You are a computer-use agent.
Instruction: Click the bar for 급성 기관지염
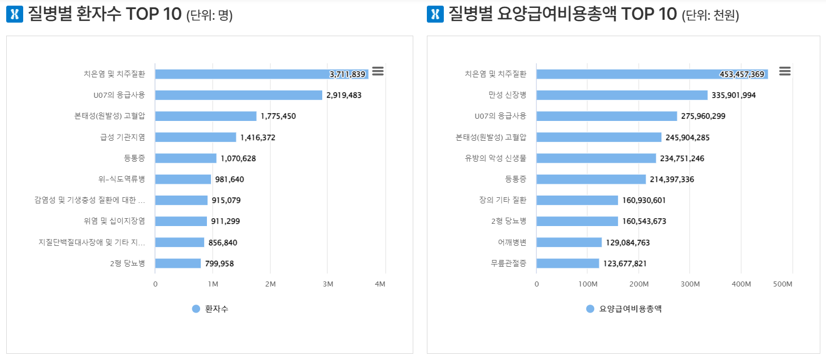point(196,137)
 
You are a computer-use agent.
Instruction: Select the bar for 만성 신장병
point(622,95)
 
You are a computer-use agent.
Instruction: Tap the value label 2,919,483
point(344,95)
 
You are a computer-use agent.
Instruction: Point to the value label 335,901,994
point(733,95)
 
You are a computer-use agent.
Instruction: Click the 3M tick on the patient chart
point(328,284)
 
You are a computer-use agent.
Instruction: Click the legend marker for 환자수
point(196,309)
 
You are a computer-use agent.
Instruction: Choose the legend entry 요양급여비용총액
point(630,309)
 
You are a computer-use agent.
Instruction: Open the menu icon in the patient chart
point(378,71)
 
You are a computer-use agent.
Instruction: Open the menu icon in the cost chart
point(784,71)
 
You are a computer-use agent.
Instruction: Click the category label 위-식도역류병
point(122,179)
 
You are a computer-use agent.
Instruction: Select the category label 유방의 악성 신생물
point(492,158)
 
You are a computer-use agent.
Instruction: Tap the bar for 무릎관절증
point(568,263)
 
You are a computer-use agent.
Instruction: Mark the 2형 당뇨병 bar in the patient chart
point(178,263)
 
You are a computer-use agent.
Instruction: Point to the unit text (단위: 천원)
point(710,16)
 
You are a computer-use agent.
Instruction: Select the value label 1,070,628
point(238,158)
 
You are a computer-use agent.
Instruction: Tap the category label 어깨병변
point(512,242)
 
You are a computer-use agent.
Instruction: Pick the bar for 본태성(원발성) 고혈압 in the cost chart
point(599,137)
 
